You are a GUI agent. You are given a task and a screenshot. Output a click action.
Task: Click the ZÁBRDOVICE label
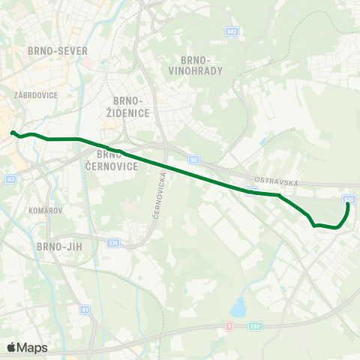31,95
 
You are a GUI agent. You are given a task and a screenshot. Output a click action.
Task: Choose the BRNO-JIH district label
58,245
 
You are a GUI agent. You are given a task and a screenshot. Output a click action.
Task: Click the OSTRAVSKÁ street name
277,182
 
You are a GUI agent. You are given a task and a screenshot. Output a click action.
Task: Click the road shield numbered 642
232,31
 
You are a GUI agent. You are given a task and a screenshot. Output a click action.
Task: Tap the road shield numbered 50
193,160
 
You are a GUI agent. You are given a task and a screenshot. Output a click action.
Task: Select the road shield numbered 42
10,179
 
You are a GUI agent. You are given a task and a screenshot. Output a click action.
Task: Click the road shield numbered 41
85,310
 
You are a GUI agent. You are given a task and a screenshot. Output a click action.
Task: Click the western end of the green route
13,133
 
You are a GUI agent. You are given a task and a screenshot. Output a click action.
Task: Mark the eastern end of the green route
348,205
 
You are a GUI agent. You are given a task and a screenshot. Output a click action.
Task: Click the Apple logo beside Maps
11,347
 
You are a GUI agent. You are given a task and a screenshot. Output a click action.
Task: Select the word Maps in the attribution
32,347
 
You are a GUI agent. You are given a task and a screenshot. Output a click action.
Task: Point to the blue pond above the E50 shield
238,307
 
